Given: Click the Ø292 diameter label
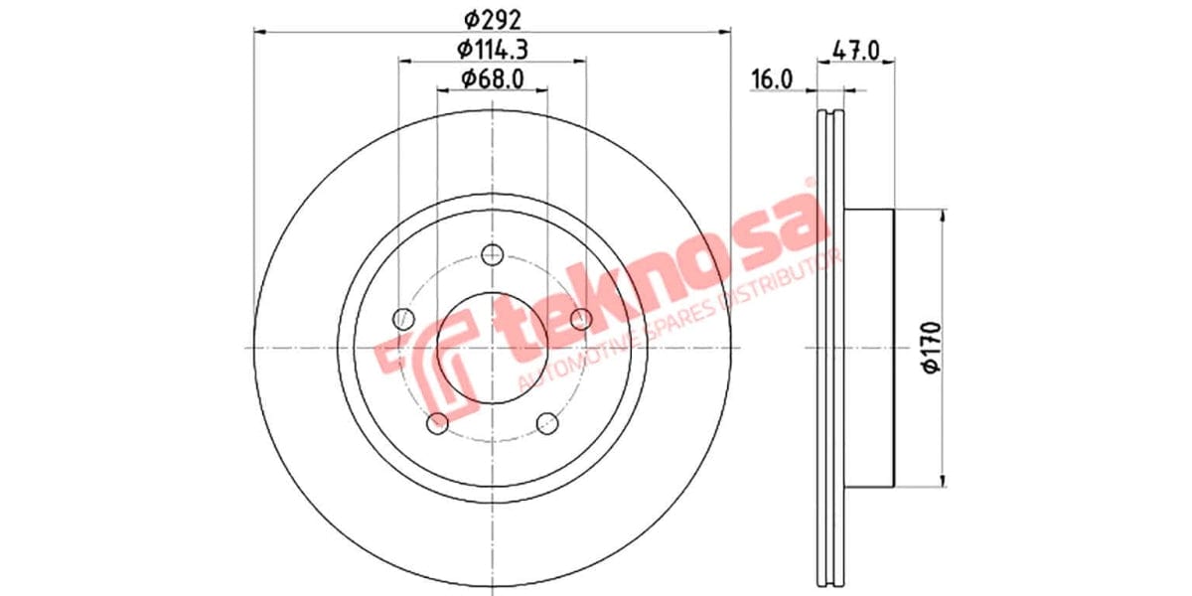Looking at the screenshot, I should point(493,18).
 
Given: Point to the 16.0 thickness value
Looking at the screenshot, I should point(771,79).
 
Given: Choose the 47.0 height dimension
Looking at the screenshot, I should point(855,49).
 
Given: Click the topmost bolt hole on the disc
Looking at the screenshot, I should point(492,254).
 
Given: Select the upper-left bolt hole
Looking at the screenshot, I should point(402,319).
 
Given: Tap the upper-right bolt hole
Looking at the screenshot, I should point(581,319).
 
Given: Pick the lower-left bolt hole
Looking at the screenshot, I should point(437,424).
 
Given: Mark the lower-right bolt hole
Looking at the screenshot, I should point(547,424).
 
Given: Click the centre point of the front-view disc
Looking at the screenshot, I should point(492,348).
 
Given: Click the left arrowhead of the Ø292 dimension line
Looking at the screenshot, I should point(259,33).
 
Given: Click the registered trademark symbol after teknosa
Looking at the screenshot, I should point(810,183).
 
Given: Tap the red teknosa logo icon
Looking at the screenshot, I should point(422,368).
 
